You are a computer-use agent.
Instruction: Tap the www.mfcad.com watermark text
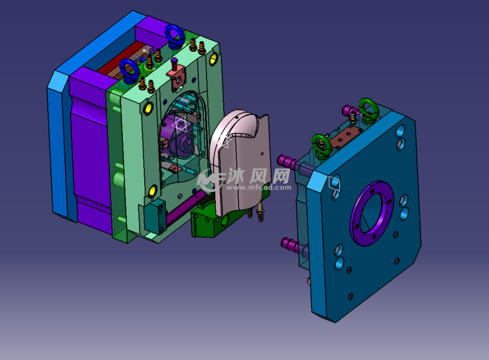259,187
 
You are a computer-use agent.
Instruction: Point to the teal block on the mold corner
155,216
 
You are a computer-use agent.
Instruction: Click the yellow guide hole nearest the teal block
153,191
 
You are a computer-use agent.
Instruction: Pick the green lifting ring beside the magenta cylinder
369,110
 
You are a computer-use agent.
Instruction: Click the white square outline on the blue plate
334,182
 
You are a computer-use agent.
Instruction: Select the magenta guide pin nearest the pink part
287,162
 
